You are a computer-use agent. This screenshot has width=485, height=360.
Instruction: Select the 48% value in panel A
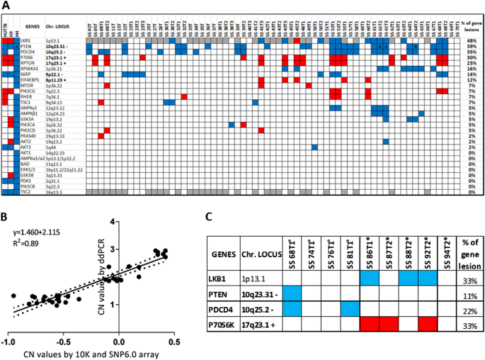click(471, 42)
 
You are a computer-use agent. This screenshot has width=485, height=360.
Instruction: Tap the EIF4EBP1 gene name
click(31, 79)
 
